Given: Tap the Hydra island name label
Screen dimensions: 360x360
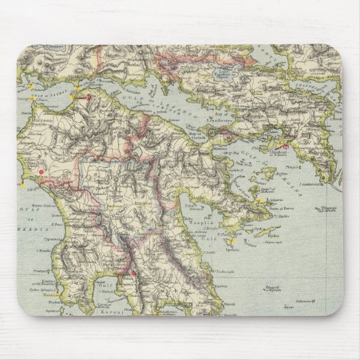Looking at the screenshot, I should (261, 230).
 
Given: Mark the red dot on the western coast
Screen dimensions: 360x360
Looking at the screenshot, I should (42, 173).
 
